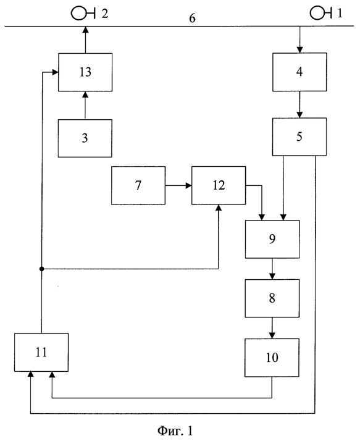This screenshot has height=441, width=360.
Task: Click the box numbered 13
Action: click(x=85, y=72)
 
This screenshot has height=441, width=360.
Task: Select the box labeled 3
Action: click(x=85, y=138)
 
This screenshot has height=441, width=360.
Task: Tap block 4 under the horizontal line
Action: click(x=299, y=72)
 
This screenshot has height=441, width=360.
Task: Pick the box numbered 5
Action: click(x=299, y=136)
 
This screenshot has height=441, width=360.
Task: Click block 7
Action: click(x=138, y=185)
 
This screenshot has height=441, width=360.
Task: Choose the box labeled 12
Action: click(x=219, y=185)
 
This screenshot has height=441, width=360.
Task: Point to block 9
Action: click(x=272, y=239)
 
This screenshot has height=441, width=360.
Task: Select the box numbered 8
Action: click(x=272, y=298)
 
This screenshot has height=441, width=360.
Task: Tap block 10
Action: click(x=272, y=358)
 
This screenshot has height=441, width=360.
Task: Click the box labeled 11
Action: click(x=41, y=353)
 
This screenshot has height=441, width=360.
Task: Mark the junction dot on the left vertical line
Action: click(x=41, y=269)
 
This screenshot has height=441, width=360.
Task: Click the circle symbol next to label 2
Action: click(x=78, y=13)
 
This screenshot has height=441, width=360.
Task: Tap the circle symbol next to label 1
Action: click(x=317, y=13)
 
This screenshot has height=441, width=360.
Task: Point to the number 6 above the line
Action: click(x=192, y=19)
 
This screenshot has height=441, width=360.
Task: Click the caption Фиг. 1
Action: click(x=175, y=430)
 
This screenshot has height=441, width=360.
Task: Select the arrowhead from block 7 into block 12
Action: click(x=188, y=186)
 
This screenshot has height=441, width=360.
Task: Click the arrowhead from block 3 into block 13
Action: click(x=85, y=94)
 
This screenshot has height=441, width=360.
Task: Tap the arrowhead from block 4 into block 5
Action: click(x=300, y=114)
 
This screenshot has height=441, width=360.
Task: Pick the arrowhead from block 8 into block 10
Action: click(x=272, y=335)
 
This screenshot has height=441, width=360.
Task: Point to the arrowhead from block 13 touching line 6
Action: click(x=85, y=30)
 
